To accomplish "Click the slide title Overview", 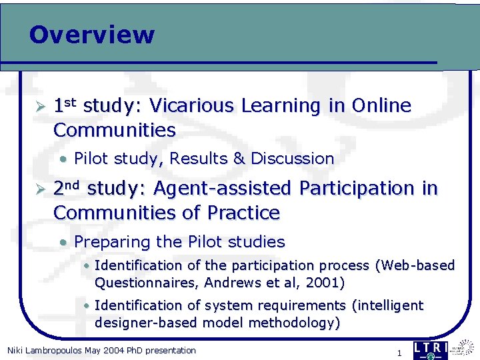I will pos(91,35).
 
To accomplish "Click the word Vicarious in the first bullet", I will pos(190,106).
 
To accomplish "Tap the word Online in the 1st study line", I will pos(381,106).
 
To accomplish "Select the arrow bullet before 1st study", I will pos(40,107).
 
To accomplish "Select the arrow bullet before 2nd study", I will pos(40,189).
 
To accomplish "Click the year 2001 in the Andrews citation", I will pos(323,283).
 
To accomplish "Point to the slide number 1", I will pos(399,353).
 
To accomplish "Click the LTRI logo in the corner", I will pos(431,350).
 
